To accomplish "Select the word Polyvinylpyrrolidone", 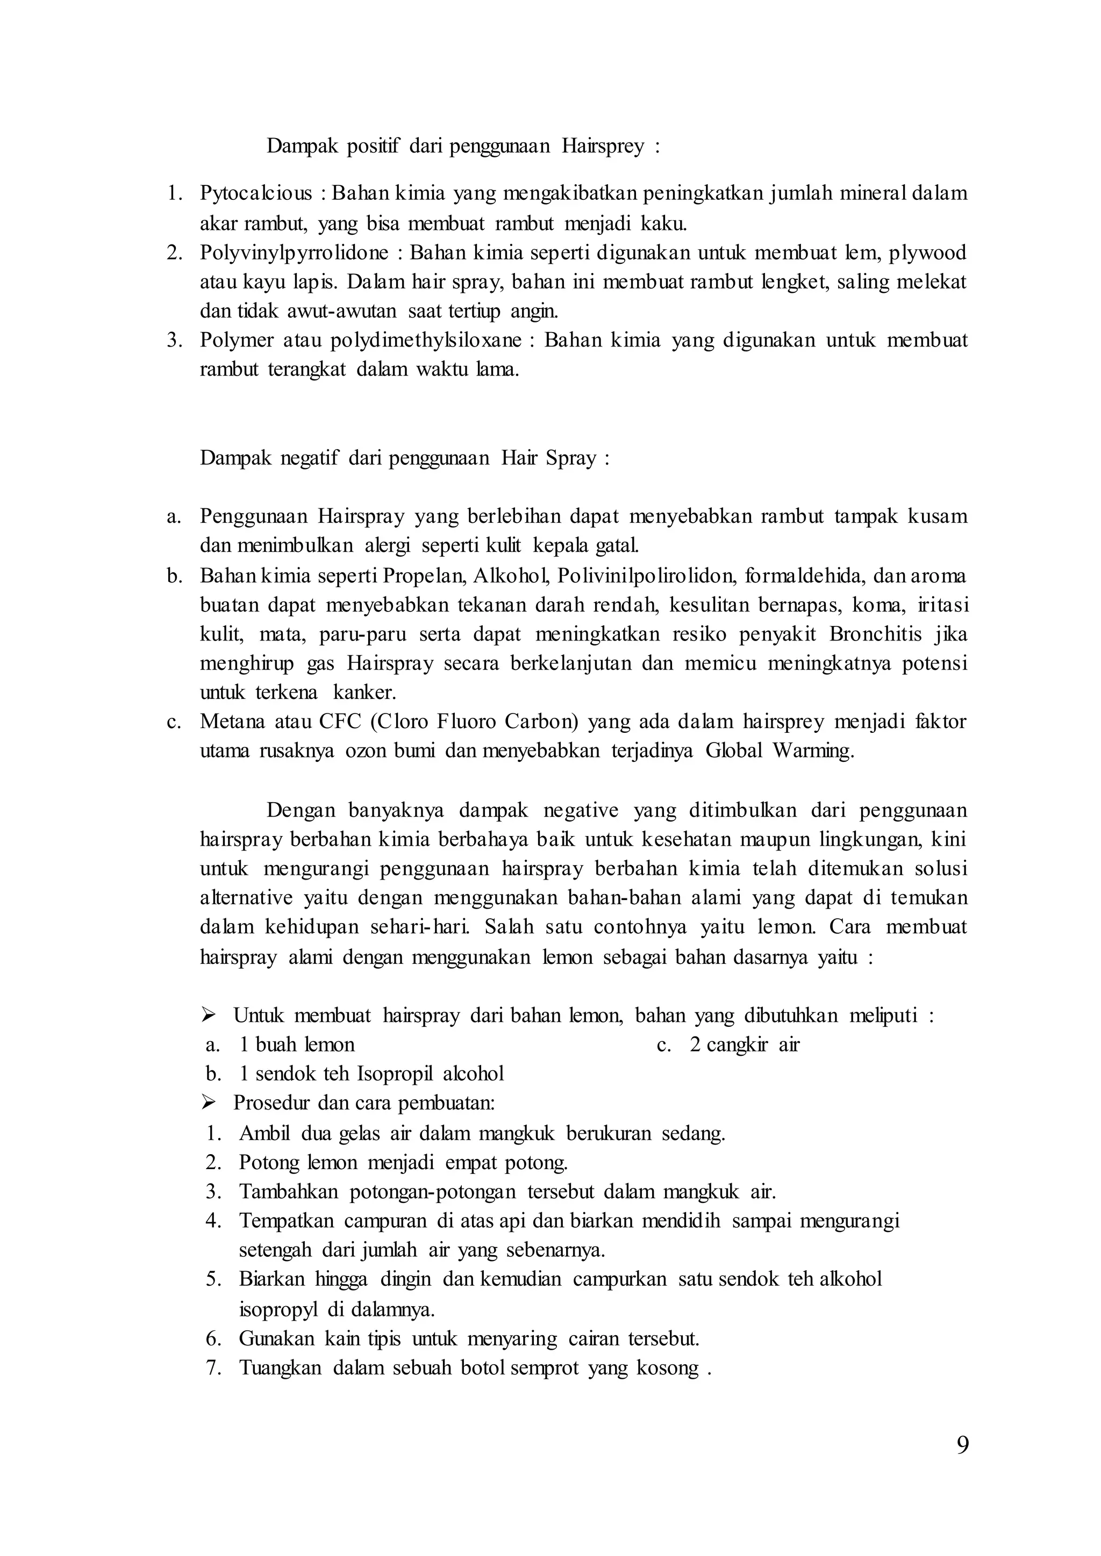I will (x=294, y=253).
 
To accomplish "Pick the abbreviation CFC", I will (x=340, y=722).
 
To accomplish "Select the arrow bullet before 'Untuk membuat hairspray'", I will (x=208, y=1015).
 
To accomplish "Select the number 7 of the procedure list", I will (x=215, y=1367).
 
